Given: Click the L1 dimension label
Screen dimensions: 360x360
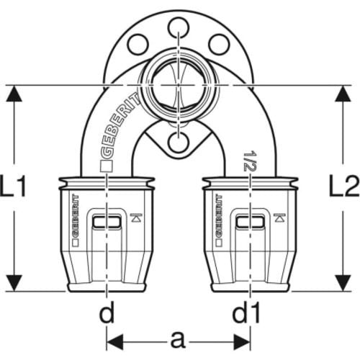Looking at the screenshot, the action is [x=12, y=186].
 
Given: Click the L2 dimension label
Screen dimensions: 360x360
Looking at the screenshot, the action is [x=344, y=186].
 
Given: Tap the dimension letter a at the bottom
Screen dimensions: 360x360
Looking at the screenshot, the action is [x=178, y=340].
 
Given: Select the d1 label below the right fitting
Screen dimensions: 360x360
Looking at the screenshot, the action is [x=246, y=312].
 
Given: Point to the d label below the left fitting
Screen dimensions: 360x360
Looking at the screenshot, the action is [x=107, y=312].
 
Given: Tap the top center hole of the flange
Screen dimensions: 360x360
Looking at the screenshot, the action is [x=178, y=27].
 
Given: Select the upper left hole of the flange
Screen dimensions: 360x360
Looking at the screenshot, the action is [x=138, y=44].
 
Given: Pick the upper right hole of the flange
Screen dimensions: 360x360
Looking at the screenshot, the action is [x=219, y=44].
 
